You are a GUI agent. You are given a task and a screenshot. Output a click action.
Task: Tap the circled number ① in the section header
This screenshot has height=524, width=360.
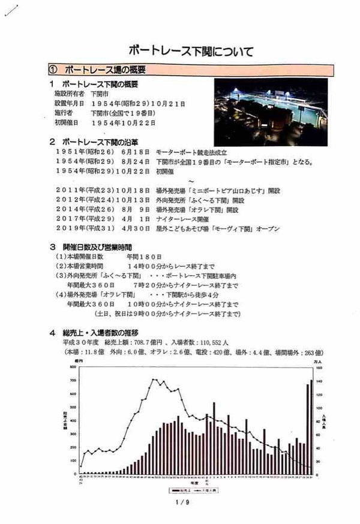pos(53,70)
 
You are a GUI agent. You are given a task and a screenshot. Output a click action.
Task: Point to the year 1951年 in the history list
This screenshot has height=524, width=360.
pos(68,153)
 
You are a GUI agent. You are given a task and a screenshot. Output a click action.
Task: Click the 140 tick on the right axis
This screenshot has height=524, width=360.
pos(321,381)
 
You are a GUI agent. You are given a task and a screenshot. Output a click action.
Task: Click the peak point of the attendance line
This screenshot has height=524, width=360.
pos(154,380)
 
